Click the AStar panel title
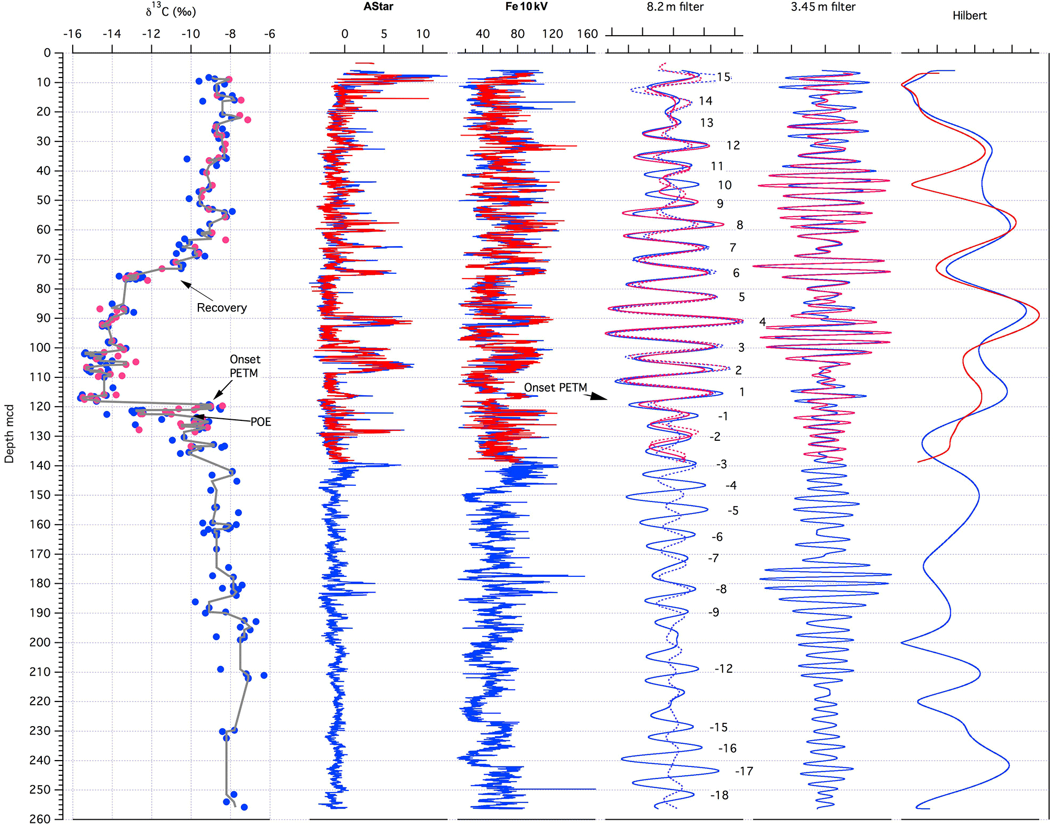pos(378,7)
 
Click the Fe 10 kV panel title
pos(526,7)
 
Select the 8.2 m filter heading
pos(675,7)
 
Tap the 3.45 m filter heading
pos(823,7)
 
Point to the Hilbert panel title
pos(969,16)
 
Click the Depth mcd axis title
pos(9,433)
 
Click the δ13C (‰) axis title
pos(171,10)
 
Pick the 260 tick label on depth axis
pos(40,819)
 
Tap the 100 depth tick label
pos(40,348)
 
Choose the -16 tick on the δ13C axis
pos(72,34)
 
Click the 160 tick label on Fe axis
pos(587,34)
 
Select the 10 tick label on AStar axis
pos(422,34)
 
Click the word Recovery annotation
pos(221,308)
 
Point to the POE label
pos(260,422)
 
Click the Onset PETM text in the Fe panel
pos(555,387)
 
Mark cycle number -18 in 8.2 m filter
pos(719,795)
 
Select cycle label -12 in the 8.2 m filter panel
pos(724,668)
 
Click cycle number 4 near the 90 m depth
pos(762,322)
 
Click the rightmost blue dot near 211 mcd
pos(264,675)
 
